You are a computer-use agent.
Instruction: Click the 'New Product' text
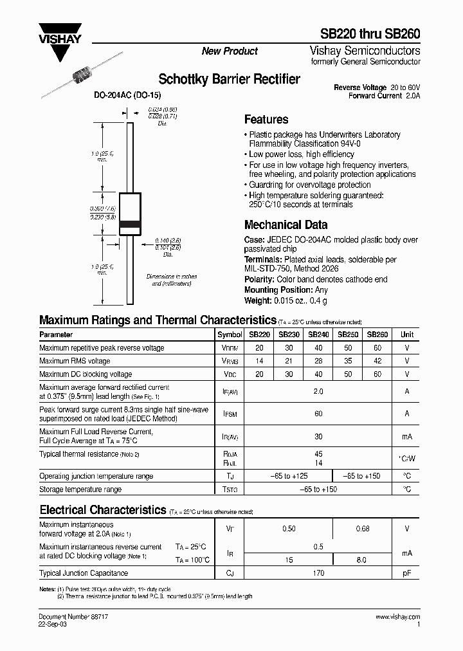click(230, 51)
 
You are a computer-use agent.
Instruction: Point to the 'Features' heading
click(266, 120)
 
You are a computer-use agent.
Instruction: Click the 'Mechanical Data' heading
click(286, 225)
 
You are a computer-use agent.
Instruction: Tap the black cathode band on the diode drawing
click(130, 224)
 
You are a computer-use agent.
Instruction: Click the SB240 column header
click(318, 335)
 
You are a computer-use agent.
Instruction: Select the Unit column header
click(407, 335)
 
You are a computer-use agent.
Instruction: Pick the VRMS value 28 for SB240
click(318, 361)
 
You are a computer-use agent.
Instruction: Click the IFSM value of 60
click(318, 414)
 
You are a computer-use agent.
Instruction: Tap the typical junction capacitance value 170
click(318, 573)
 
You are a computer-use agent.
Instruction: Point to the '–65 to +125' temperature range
click(288, 476)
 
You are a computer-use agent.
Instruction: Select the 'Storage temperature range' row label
click(80, 490)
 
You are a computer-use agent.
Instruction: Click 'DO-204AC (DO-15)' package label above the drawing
click(127, 95)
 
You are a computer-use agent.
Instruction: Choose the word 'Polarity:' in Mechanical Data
click(259, 280)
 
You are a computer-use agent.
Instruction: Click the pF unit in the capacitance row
click(407, 573)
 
